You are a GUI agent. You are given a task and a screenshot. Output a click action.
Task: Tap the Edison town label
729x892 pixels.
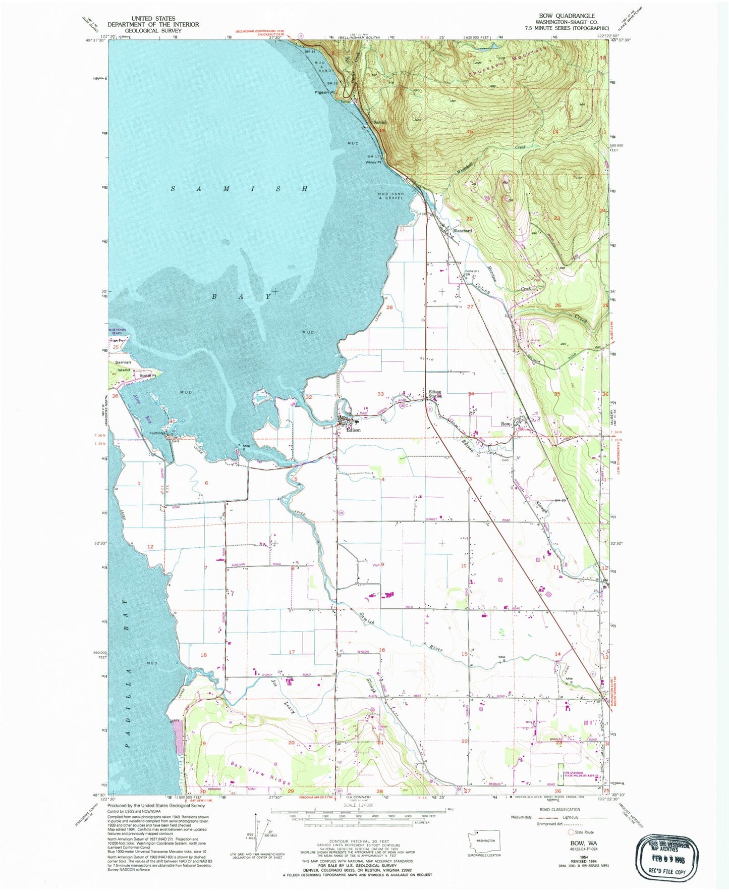point(353,430)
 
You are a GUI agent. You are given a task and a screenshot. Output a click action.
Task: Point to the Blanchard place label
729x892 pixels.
point(462,231)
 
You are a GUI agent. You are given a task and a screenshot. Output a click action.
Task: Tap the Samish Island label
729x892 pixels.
point(123,366)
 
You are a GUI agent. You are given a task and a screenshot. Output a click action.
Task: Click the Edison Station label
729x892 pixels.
point(435,394)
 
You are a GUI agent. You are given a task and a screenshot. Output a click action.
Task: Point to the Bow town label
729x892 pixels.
point(506,424)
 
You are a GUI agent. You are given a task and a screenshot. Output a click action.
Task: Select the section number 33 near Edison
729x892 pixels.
point(380,394)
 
